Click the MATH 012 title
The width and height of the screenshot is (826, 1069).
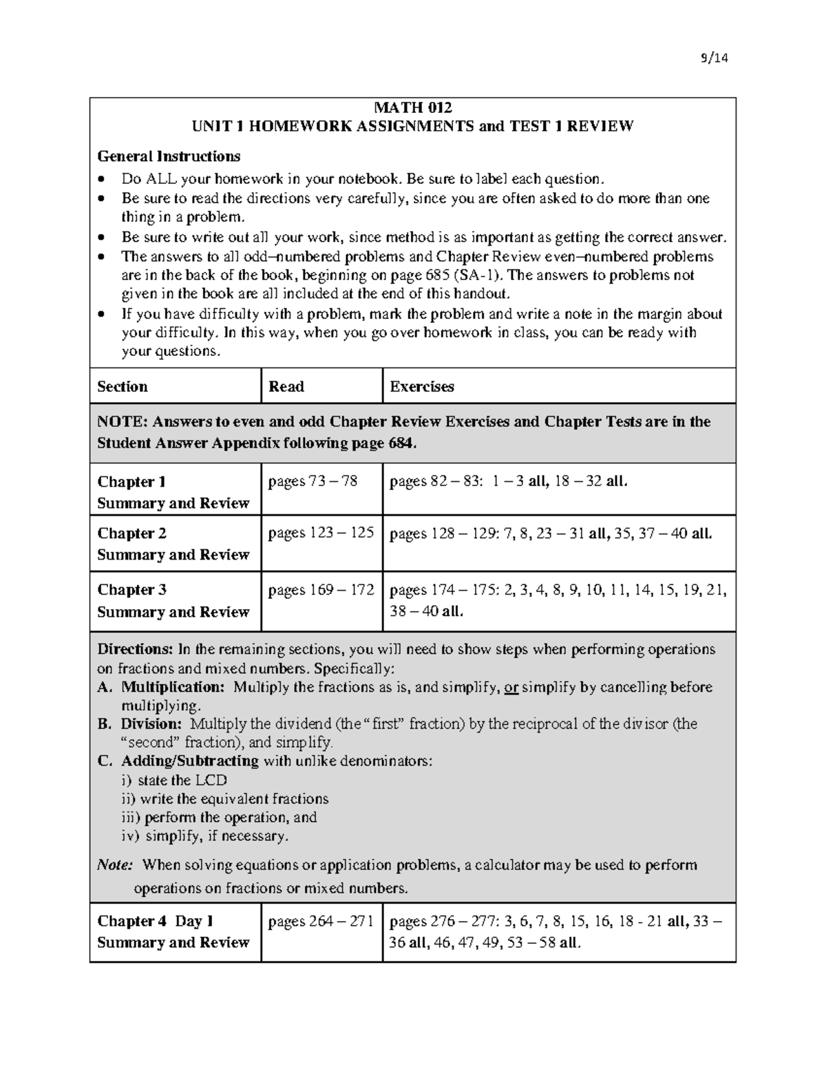point(412,107)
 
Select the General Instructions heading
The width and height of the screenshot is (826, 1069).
point(169,156)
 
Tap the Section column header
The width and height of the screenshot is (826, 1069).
point(123,387)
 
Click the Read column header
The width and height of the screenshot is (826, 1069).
point(286,387)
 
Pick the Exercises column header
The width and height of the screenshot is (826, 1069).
point(422,387)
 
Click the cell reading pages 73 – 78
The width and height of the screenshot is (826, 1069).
point(313,481)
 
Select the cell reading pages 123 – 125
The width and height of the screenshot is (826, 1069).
point(321,533)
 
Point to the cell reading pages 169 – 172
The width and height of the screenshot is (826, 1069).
point(321,590)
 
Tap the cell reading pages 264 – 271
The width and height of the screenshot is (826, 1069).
point(321,922)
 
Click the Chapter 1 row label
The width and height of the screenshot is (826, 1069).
point(131,482)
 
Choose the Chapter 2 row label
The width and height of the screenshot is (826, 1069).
point(131,533)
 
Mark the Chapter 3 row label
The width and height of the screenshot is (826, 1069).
point(131,590)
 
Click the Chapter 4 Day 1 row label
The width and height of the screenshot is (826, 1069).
point(156,922)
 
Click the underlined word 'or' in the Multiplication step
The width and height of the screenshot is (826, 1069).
point(511,687)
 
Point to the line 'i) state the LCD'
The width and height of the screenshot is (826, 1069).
point(174,781)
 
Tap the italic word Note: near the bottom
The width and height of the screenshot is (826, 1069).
point(116,865)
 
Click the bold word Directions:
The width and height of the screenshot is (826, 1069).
point(135,650)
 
